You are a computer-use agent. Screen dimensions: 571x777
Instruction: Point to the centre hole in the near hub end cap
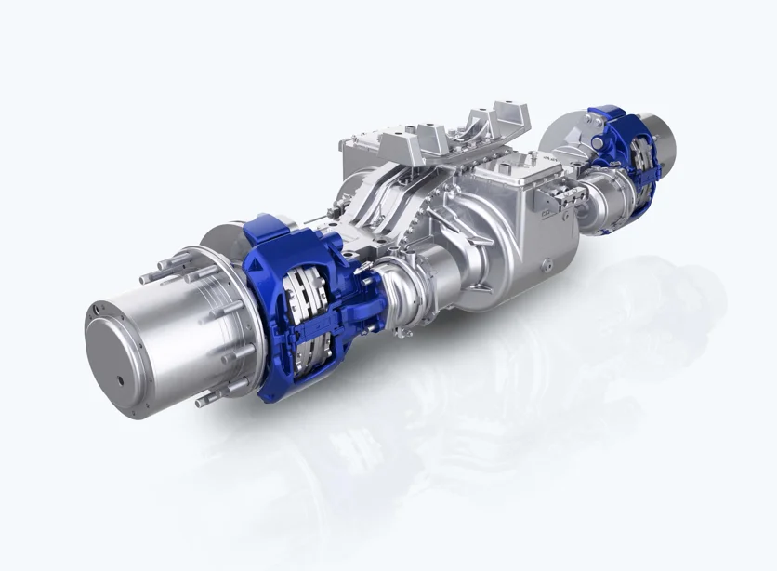pyautogui.click(x=123, y=381)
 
